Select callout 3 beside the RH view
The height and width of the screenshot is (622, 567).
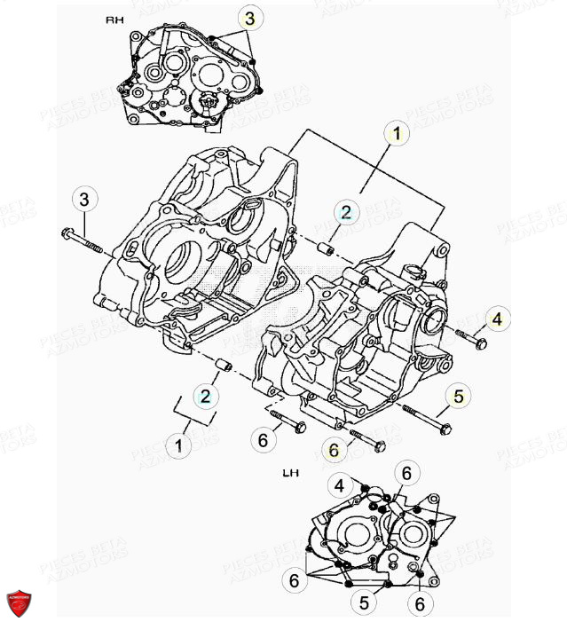pos(249,19)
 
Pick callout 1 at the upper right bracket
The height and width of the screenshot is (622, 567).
pos(397,134)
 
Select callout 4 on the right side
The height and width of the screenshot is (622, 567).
pos(496,319)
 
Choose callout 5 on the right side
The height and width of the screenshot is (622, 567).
pos(458,397)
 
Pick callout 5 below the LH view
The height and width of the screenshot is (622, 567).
pos(364,602)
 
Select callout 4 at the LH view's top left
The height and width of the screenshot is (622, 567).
pos(340,484)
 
